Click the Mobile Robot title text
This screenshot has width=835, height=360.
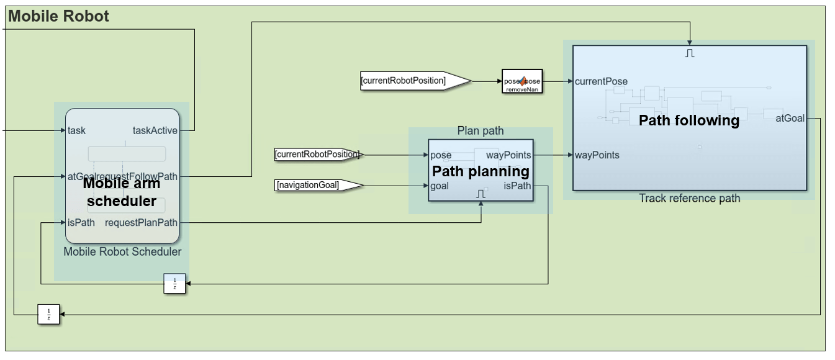[58, 17]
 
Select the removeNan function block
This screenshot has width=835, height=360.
[522, 81]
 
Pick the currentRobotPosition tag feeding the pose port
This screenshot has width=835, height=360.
[317, 154]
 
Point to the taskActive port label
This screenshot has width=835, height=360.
[155, 130]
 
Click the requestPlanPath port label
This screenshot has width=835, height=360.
[141, 223]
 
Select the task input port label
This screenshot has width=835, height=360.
[77, 130]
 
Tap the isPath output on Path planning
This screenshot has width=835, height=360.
[517, 186]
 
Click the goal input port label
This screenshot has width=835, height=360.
[440, 186]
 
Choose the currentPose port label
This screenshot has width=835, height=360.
[601, 81]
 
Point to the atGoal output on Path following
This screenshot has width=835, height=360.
[790, 118]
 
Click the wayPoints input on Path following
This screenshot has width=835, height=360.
[597, 155]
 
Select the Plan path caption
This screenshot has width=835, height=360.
[481, 130]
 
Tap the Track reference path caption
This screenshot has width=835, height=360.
[690, 198]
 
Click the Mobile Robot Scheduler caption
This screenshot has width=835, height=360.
[122, 251]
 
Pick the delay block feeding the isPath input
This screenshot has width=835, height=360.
[174, 283]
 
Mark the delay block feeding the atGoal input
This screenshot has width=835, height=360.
[48, 315]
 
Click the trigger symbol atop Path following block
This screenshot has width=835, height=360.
[690, 53]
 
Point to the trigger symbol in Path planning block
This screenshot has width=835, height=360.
[481, 194]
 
